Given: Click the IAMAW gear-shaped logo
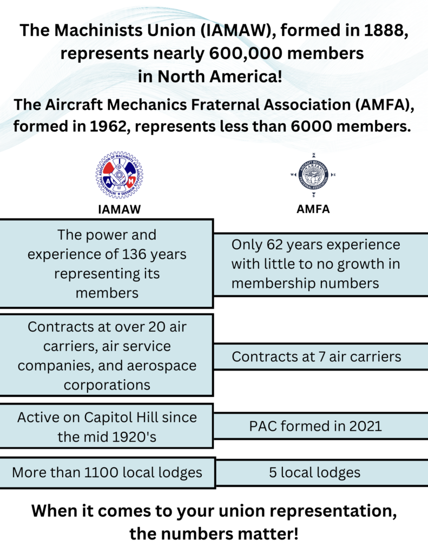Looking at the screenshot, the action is pos(119,175).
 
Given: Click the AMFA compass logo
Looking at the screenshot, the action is pos(313,175).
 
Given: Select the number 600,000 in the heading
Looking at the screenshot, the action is pos(246,54).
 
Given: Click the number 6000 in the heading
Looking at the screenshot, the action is pos(311,127).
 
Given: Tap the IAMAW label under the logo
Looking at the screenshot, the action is pos(120,209).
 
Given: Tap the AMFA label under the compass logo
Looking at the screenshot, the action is pos(313,209).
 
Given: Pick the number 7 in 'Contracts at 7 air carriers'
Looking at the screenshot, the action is pos(321,357).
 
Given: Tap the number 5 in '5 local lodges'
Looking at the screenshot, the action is pos(273,473).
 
